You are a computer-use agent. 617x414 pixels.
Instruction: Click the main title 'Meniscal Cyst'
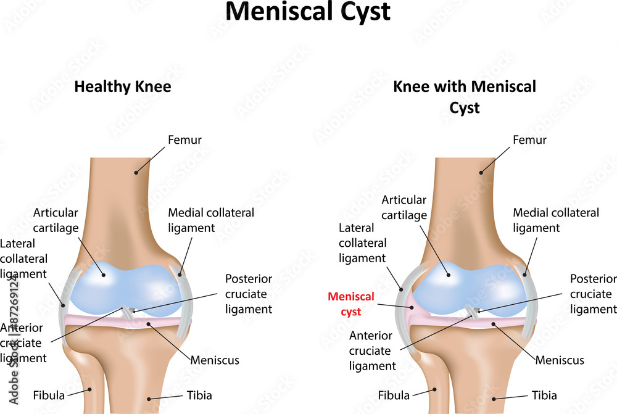(x=308, y=12)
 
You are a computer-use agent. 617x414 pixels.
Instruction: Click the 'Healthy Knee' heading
(x=123, y=87)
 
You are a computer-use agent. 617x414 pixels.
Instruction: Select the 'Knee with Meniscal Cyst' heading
(x=465, y=97)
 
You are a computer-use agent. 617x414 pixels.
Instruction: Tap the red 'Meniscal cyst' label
(x=351, y=304)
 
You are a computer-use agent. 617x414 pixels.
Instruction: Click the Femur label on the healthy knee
(x=184, y=139)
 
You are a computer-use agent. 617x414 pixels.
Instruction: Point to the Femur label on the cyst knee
(x=529, y=139)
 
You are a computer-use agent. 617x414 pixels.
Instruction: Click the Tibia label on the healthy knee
(x=199, y=395)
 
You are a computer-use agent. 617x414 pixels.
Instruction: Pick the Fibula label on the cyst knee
(x=394, y=395)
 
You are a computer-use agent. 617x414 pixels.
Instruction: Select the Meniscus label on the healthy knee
(x=215, y=360)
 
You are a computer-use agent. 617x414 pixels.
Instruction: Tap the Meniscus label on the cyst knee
(x=560, y=360)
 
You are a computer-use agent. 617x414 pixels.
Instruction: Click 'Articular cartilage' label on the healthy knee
(x=56, y=220)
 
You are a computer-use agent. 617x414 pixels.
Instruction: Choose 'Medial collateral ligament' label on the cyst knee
(x=556, y=220)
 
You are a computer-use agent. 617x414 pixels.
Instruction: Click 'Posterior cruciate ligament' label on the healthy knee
(x=249, y=294)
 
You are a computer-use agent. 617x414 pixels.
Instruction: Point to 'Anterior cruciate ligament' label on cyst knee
(x=372, y=350)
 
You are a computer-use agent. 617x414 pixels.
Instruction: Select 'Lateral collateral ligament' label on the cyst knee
(x=362, y=243)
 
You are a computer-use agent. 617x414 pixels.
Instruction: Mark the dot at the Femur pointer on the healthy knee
(x=136, y=172)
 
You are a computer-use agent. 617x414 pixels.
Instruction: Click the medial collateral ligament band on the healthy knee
(x=184, y=299)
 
